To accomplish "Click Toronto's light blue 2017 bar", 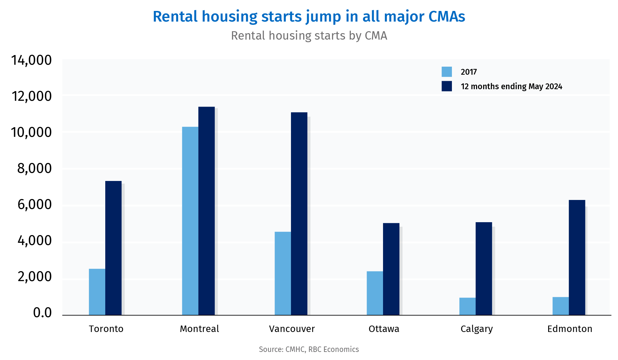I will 97,292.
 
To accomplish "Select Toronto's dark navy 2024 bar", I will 113,248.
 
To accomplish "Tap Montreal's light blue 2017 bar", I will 190,221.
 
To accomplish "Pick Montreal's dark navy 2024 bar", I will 206,211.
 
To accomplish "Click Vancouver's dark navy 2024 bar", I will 299,213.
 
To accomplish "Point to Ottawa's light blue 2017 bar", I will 375,293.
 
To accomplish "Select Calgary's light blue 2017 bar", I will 467,306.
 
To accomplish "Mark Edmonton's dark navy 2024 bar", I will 577,258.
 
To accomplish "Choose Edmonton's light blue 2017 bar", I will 560,306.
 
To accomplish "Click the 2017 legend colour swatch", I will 446,72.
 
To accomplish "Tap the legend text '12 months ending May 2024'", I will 511,86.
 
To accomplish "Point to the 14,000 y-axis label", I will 31,60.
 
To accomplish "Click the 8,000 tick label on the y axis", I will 34,168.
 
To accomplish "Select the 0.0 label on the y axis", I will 42,313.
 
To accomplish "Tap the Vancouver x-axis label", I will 292,329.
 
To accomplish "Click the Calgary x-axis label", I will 476,329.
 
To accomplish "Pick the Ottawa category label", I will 384,329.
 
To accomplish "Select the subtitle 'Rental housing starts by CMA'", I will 309,36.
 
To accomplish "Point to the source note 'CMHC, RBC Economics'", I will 322,349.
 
